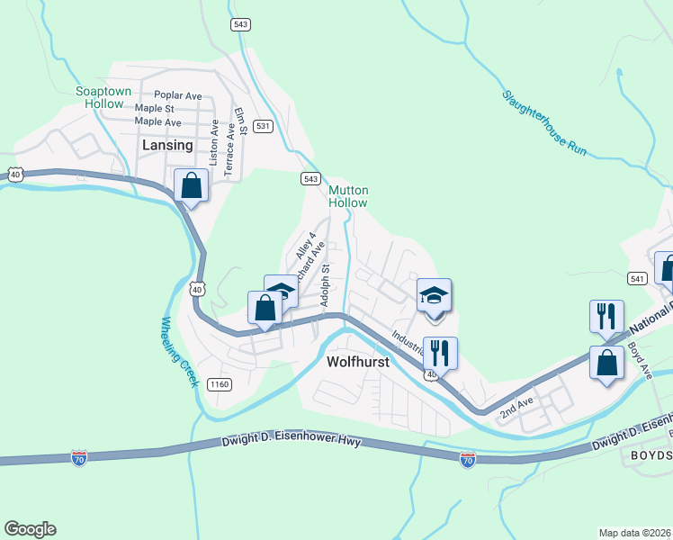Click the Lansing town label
167,145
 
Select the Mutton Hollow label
348,196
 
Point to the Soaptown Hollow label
103,97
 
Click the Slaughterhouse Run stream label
544,122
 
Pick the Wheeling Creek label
179,352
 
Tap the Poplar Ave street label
178,95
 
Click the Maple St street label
154,109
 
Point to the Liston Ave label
214,139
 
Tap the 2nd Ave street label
517,406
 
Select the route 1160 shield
220,384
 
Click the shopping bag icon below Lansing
192,186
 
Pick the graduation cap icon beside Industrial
434,295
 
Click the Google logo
30,529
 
